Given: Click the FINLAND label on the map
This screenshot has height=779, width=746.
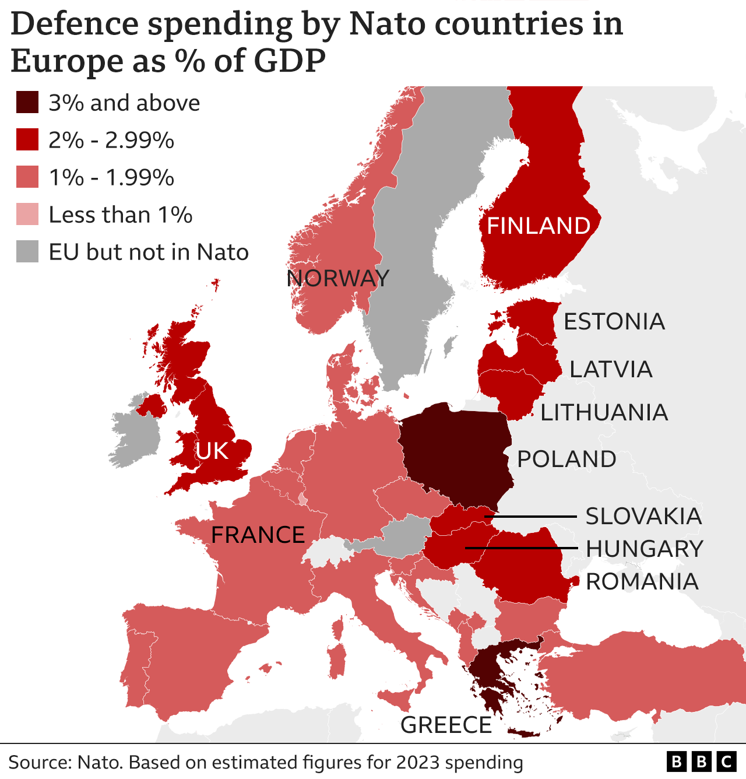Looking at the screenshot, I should coord(539,226).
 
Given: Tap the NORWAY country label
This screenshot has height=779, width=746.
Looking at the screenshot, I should coord(337,278).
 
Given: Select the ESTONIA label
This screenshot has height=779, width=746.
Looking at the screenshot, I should coord(614,321).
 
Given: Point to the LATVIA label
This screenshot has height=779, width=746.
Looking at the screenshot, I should coord(611,369).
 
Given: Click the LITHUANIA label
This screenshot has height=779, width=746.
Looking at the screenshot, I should coord(604,412).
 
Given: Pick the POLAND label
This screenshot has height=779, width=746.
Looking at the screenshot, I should coord(566,459).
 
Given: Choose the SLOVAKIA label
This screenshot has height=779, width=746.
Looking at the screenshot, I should coord(643,516).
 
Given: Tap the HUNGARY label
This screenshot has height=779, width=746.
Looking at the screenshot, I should coord(645,549).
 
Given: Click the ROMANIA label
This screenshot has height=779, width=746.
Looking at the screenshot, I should coord(642,581).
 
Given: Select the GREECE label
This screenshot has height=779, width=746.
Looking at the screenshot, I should coord(446,725).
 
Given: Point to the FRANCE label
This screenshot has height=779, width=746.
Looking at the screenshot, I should coord(258,535).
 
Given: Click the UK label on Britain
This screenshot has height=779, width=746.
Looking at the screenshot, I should coord(212,451).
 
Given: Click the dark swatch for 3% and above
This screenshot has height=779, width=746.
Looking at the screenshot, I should coord(27,103).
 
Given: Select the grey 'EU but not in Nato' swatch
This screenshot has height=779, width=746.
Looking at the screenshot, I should coord(27,252).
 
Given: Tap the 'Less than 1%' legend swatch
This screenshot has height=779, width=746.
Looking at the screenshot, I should coord(27,215).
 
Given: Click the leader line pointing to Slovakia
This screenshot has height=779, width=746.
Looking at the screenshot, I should coord(530,517).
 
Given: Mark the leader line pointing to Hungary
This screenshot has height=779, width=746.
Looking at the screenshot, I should coord(522,548).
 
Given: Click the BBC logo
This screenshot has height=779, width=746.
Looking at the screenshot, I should coord(701,762).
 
